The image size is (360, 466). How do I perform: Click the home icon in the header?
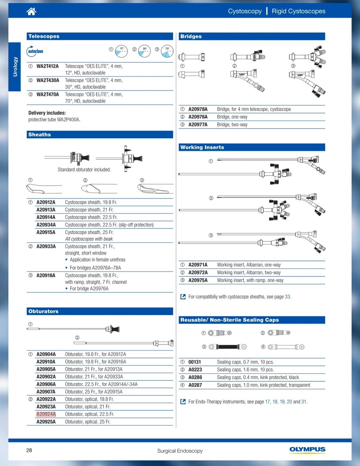pyautogui.click(x=31, y=11)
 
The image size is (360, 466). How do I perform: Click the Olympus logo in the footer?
pyautogui.click(x=307, y=449)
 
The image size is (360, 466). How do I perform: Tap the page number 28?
pyautogui.click(x=29, y=450)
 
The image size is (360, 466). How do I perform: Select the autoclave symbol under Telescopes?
pyautogui.click(x=35, y=51)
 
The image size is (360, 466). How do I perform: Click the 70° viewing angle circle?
pyautogui.click(x=167, y=51)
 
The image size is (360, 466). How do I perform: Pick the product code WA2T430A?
pyautogui.click(x=48, y=80)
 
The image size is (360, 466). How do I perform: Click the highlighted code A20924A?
pyautogui.click(x=46, y=414)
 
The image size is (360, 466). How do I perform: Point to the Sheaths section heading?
pyautogui.click(x=40, y=135)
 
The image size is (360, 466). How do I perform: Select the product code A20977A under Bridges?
pyautogui.click(x=198, y=125)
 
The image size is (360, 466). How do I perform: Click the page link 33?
pyautogui.click(x=287, y=297)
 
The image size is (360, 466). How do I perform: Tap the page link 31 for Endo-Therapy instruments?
pyautogui.click(x=304, y=402)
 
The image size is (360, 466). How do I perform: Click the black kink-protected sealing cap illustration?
pyautogui.click(x=228, y=347)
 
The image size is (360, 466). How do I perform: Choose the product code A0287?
pyautogui.click(x=195, y=385)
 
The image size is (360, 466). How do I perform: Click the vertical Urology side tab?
pyautogui.click(x=15, y=67)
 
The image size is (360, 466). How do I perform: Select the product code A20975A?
pyautogui.click(x=198, y=280)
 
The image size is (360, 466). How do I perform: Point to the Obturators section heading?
pyautogui.click(x=43, y=311)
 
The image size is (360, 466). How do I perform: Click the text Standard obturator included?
pyautogui.click(x=84, y=170)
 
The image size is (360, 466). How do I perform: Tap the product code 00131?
pyautogui.click(x=195, y=362)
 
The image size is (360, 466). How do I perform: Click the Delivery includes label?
pyautogui.click(x=47, y=113)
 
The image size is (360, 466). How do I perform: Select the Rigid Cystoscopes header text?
pyautogui.click(x=299, y=11)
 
